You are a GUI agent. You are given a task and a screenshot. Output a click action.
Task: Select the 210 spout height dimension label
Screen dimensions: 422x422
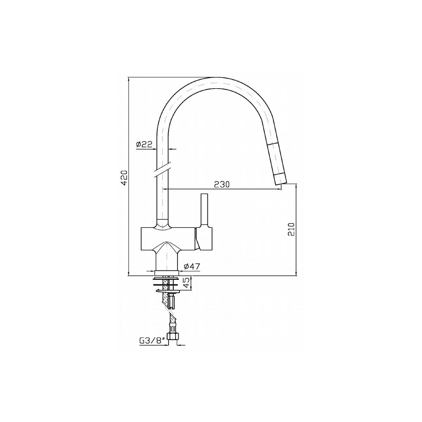(x=291, y=229)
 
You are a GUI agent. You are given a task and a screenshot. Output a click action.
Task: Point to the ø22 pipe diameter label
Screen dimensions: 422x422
(x=144, y=144)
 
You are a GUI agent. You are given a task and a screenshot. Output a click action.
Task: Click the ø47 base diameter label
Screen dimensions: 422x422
(x=192, y=266)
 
